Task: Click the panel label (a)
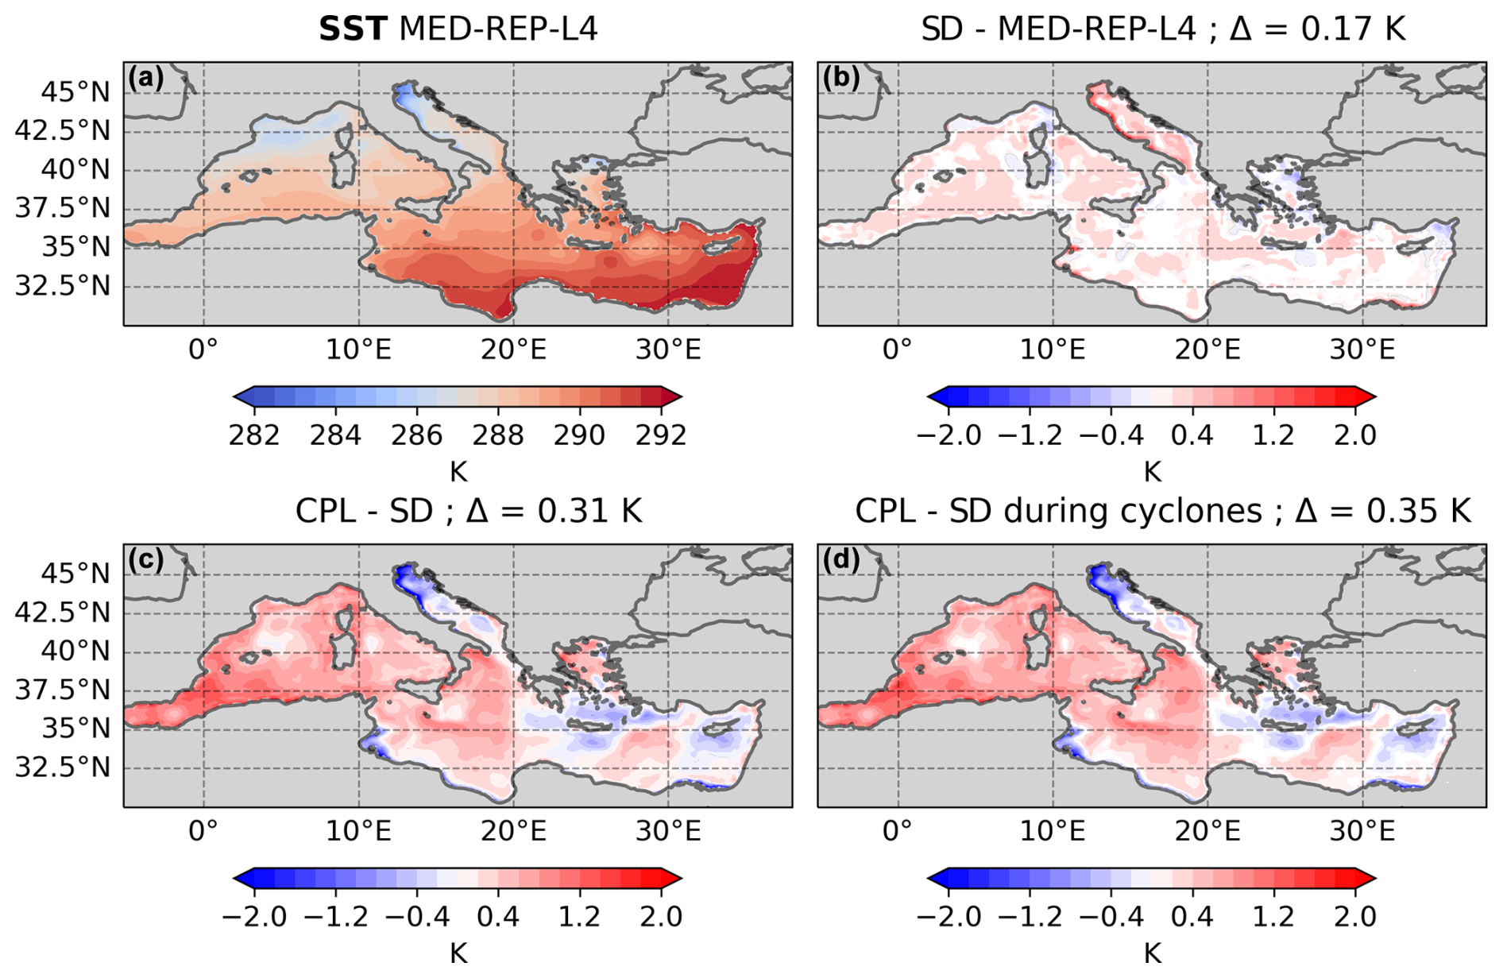(145, 78)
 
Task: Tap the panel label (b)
(840, 78)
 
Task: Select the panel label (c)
(145, 560)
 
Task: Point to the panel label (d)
(840, 560)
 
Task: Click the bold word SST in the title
(353, 29)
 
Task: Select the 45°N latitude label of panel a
(76, 93)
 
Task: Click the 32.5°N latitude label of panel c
(63, 768)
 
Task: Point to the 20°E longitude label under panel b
(1207, 350)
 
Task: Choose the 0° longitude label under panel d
(898, 832)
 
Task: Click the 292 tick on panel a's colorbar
(661, 435)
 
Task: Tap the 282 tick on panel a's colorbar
(254, 435)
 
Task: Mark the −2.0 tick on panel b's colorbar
(949, 435)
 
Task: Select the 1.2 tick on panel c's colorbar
(579, 917)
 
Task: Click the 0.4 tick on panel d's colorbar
(1192, 917)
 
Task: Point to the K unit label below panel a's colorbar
(458, 472)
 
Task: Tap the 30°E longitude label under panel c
(668, 832)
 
